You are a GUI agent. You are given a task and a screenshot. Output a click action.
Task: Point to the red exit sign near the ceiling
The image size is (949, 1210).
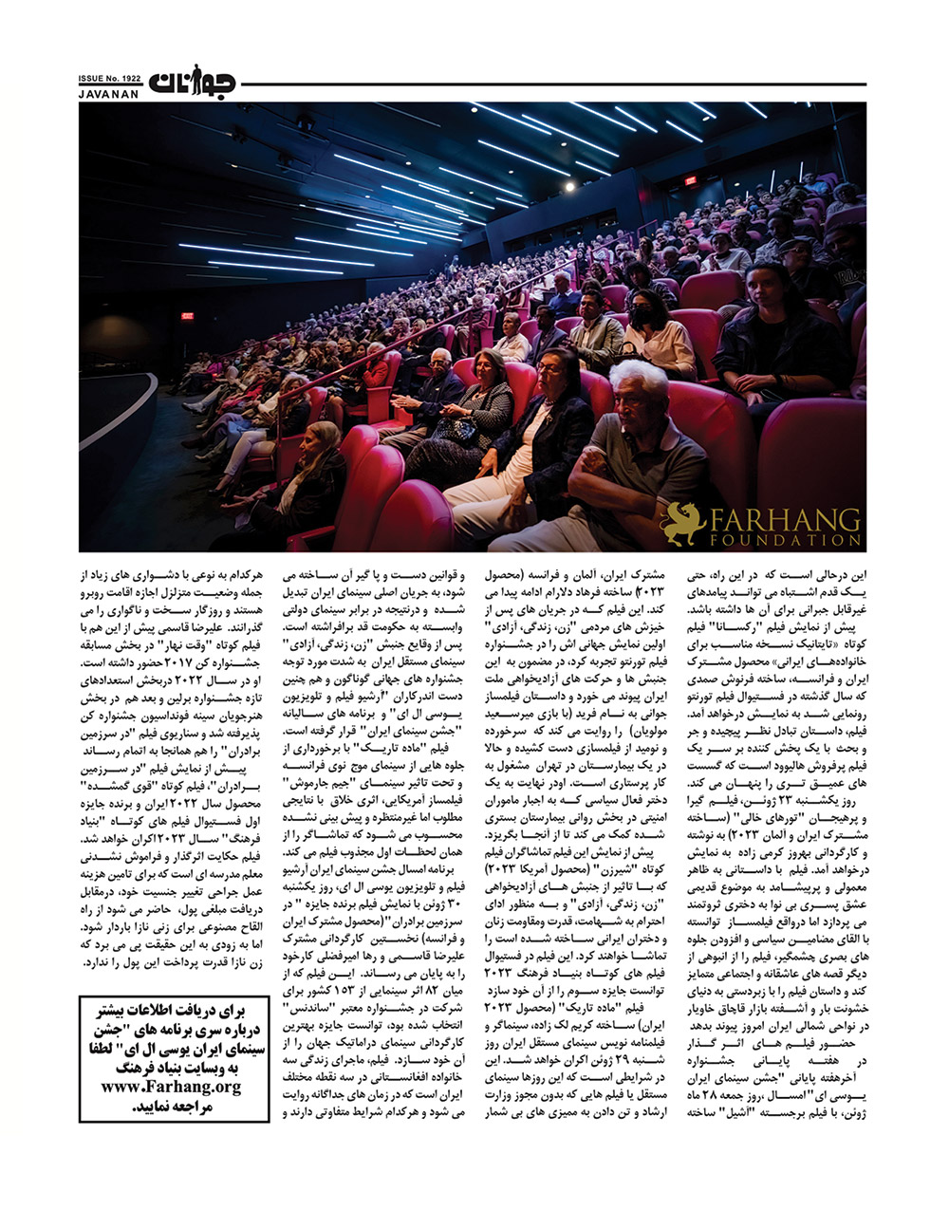pos(691,180)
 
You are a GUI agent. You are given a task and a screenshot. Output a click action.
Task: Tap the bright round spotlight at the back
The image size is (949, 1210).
pos(569,187)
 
